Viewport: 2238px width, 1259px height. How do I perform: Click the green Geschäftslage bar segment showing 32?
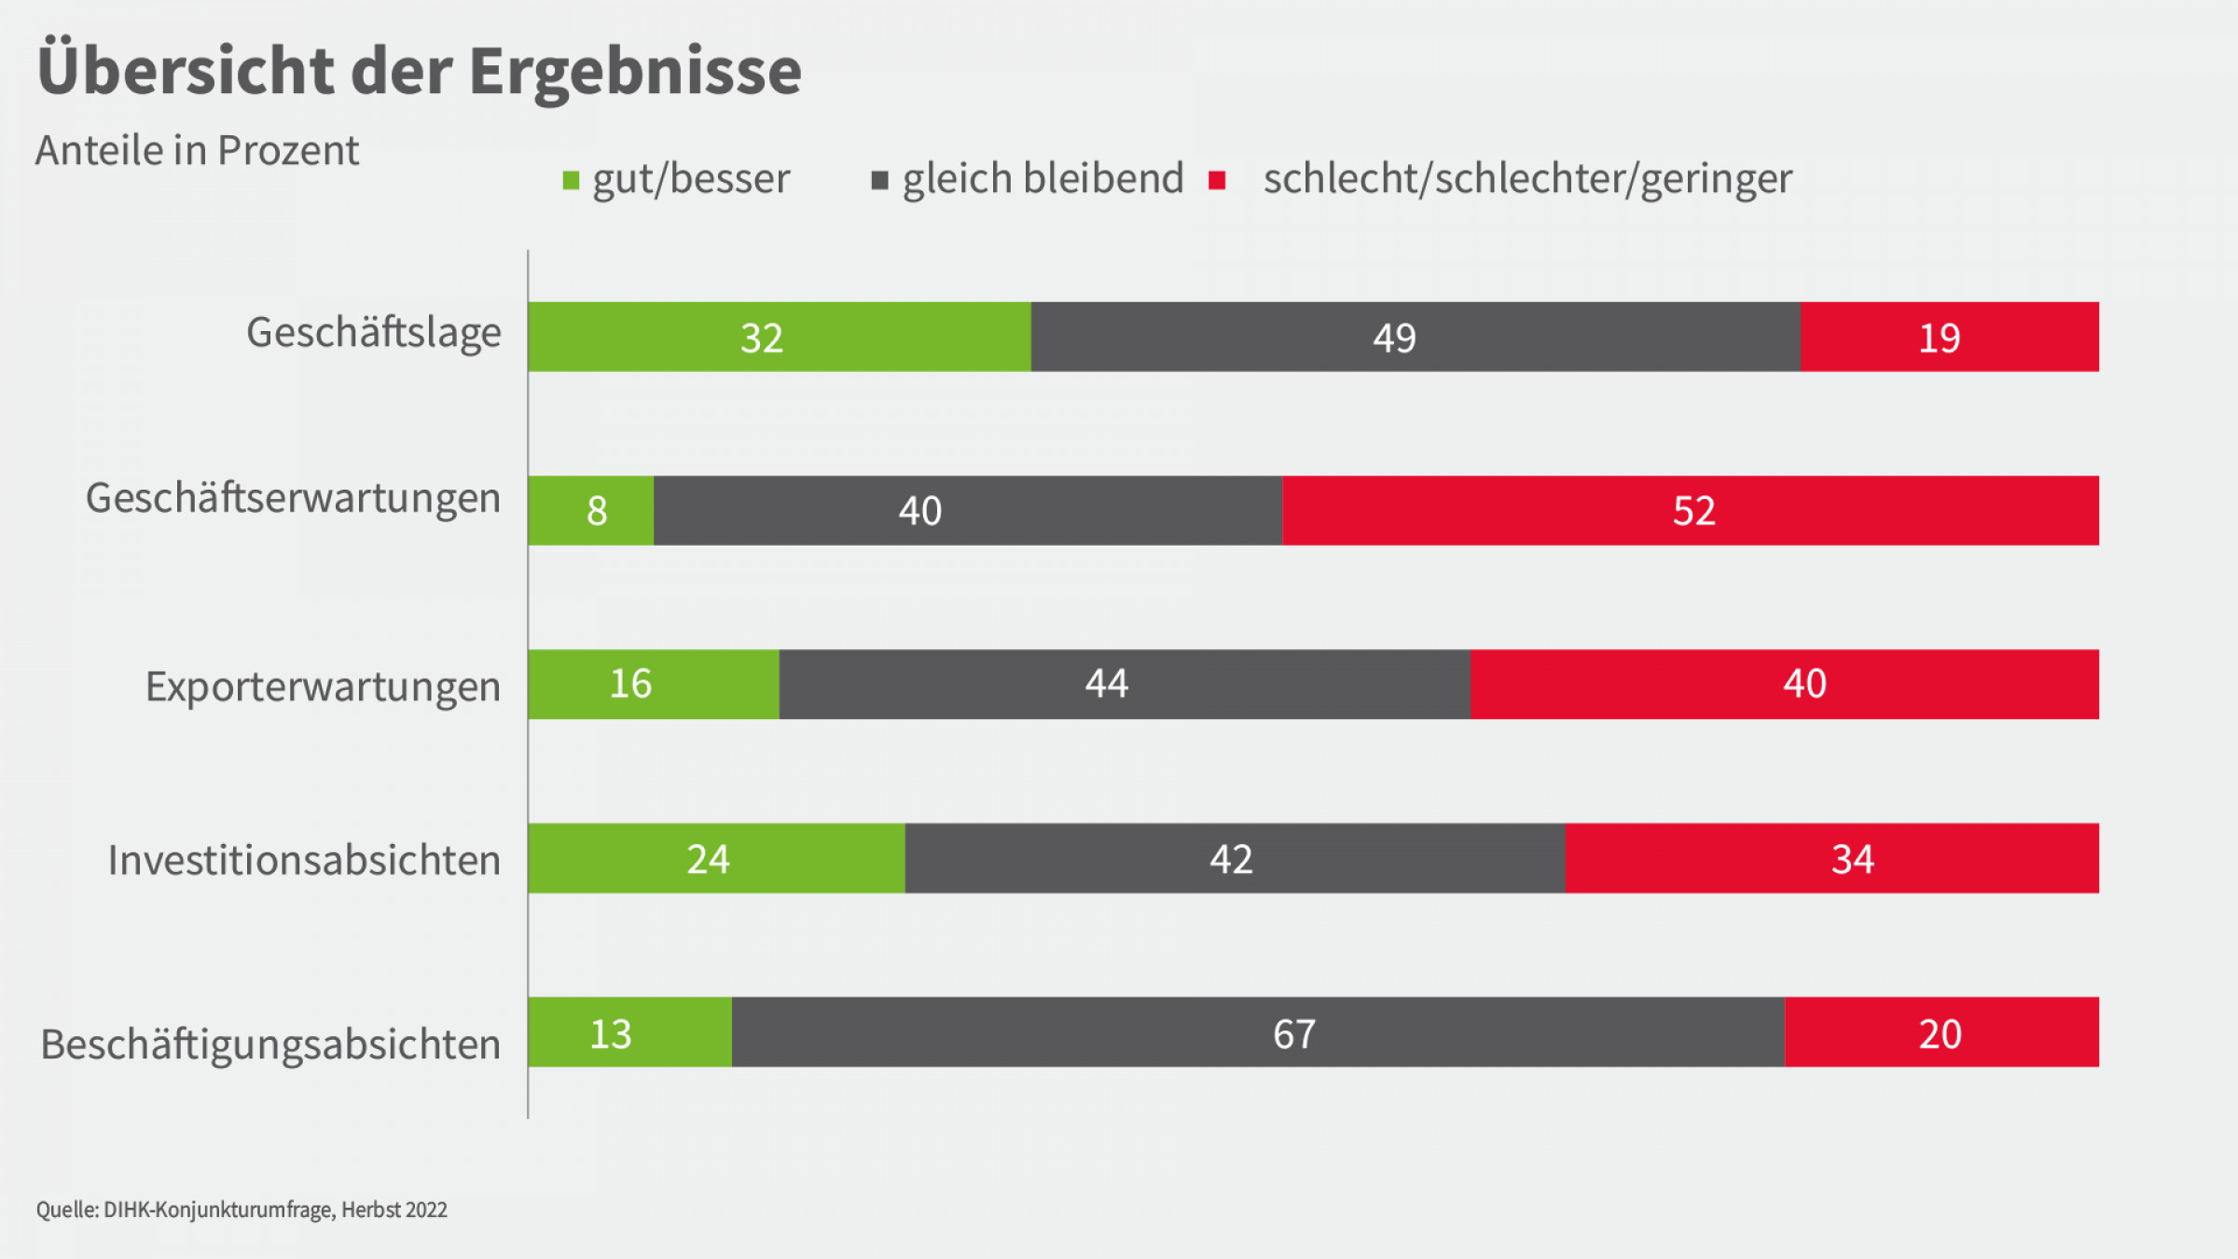[x=780, y=337]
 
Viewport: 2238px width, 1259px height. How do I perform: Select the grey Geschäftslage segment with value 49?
[x=1416, y=337]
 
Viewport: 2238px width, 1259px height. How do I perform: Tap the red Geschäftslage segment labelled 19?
[x=1949, y=337]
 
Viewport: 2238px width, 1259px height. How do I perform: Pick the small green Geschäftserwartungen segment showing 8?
[x=591, y=510]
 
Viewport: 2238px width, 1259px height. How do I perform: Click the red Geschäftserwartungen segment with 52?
[x=1690, y=510]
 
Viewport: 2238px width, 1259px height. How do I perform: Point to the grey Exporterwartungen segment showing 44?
[x=1125, y=684]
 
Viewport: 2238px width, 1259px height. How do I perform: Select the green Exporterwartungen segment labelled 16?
[x=653, y=684]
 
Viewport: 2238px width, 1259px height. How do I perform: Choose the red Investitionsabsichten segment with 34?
[x=1831, y=858]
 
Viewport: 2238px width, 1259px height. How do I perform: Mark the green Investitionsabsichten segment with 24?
[x=716, y=858]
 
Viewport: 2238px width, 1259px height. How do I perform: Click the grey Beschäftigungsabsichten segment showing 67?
[x=1258, y=1031]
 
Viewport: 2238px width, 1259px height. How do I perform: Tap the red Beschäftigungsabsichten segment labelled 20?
[x=1941, y=1031]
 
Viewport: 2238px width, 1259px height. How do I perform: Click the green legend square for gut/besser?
[x=572, y=180]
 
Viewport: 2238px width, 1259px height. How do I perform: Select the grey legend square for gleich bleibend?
[x=879, y=180]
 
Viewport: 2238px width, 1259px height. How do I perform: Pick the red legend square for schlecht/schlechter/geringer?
[x=1217, y=180]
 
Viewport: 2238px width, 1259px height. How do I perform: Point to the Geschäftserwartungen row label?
[x=293, y=498]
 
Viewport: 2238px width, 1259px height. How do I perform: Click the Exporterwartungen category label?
[x=323, y=686]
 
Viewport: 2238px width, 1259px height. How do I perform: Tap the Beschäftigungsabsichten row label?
[x=270, y=1045]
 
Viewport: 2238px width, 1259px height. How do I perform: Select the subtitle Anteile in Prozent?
[x=197, y=150]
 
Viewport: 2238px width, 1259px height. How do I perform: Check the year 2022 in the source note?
[x=426, y=1210]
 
